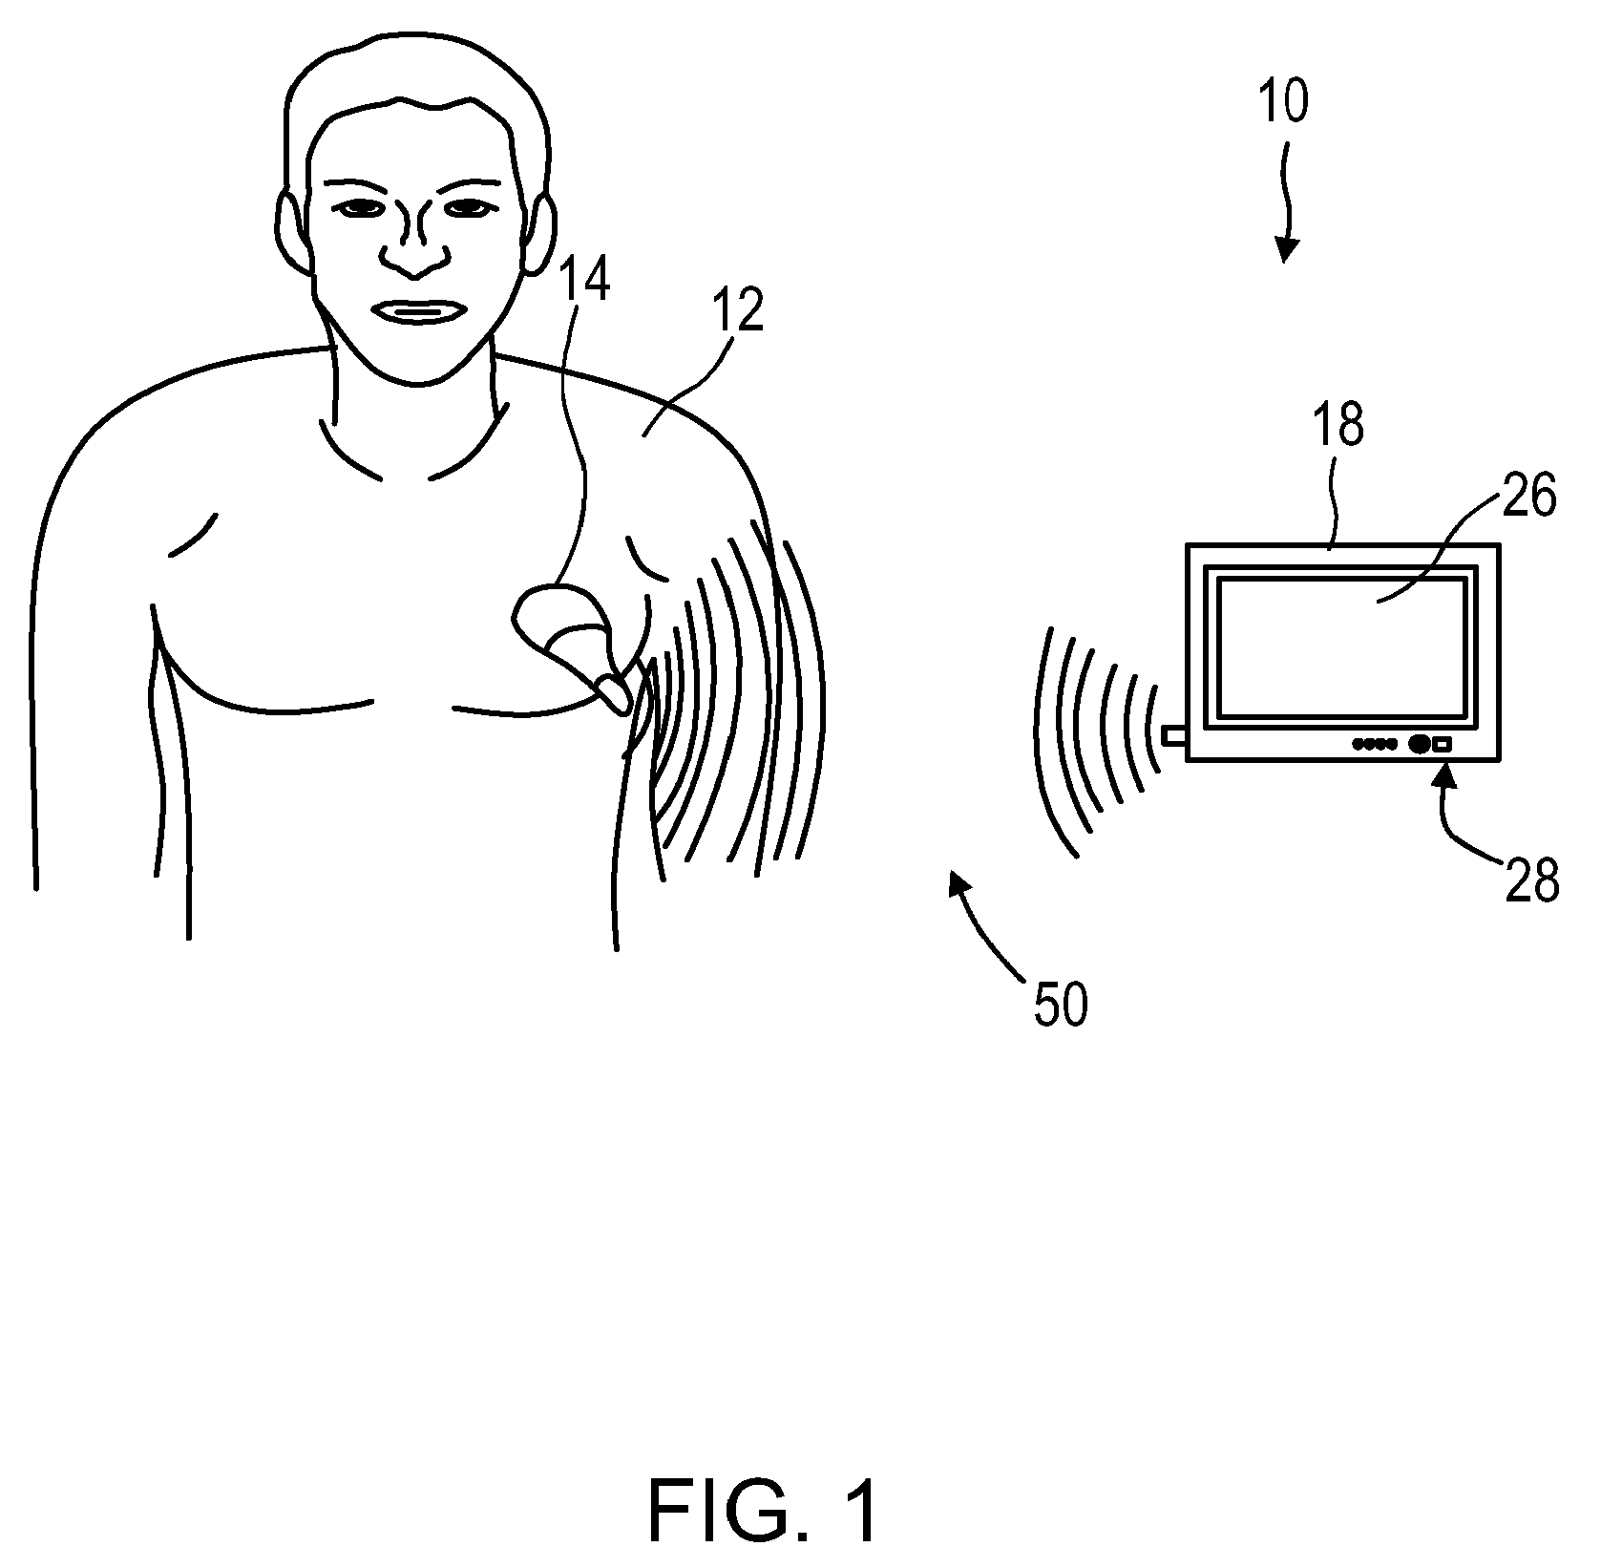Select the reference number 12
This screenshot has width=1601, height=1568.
(x=738, y=310)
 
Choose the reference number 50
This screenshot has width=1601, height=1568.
(x=1060, y=1005)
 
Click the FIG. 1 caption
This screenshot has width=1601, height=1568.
(x=763, y=1510)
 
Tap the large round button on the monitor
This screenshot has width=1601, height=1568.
(x=1419, y=744)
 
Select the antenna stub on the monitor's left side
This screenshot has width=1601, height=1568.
(x=1173, y=735)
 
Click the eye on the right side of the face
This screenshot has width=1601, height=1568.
(x=469, y=207)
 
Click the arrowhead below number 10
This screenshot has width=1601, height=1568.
(x=1287, y=250)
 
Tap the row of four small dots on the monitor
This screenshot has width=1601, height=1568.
(x=1376, y=744)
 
